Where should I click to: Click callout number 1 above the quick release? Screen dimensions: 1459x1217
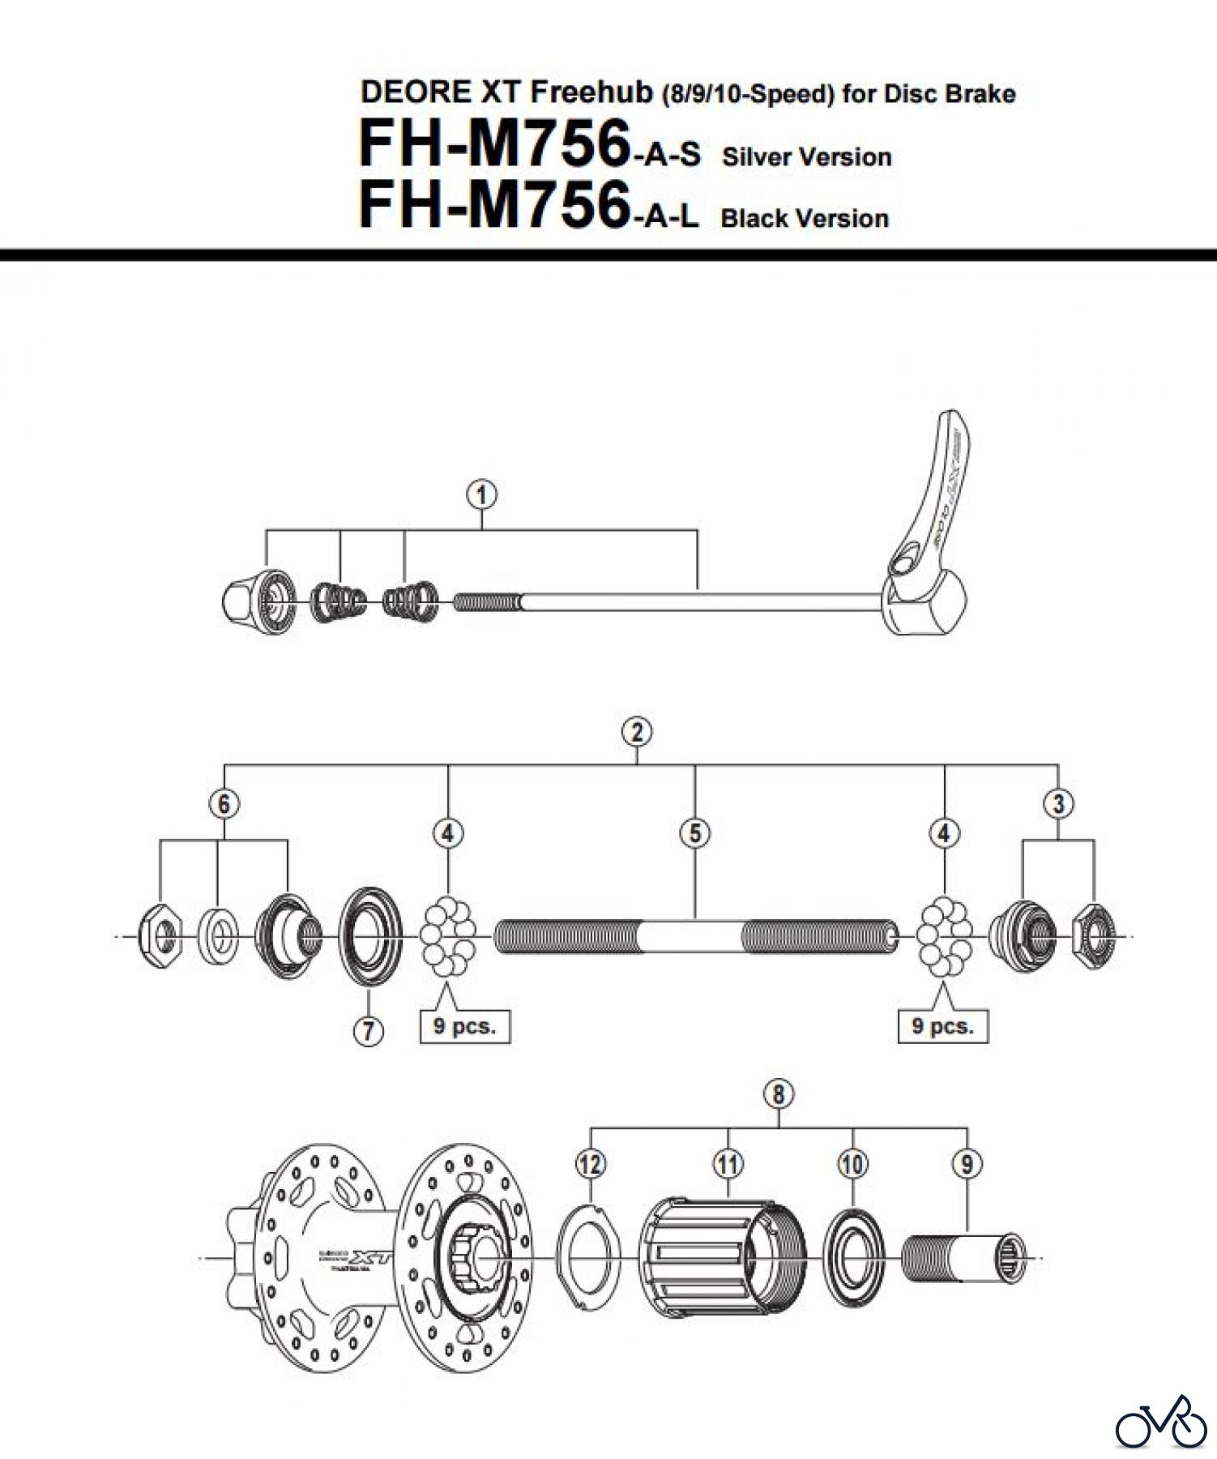pyautogui.click(x=482, y=494)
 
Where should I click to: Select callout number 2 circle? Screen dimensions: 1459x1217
pyautogui.click(x=637, y=732)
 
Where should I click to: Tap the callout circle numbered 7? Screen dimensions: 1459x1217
pyautogui.click(x=369, y=1030)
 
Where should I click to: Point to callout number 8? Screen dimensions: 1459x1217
pyautogui.click(x=778, y=1094)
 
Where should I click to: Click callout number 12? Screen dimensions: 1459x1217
pyautogui.click(x=591, y=1165)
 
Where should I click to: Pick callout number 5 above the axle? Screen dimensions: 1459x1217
pyautogui.click(x=695, y=833)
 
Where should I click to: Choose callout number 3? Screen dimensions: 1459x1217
pyautogui.click(x=1058, y=804)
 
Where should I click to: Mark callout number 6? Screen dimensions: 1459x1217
pyautogui.click(x=224, y=804)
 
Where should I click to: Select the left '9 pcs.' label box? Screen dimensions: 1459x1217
pyautogui.click(x=464, y=1026)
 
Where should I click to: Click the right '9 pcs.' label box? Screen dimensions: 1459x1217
pyautogui.click(x=943, y=1026)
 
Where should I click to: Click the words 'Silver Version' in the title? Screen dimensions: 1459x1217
pyautogui.click(x=806, y=156)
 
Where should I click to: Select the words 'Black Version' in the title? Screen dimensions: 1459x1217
pyautogui.click(x=805, y=218)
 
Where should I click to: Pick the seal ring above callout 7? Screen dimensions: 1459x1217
pyautogui.click(x=369, y=937)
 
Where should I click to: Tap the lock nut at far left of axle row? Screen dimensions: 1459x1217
pyautogui.click(x=160, y=937)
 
